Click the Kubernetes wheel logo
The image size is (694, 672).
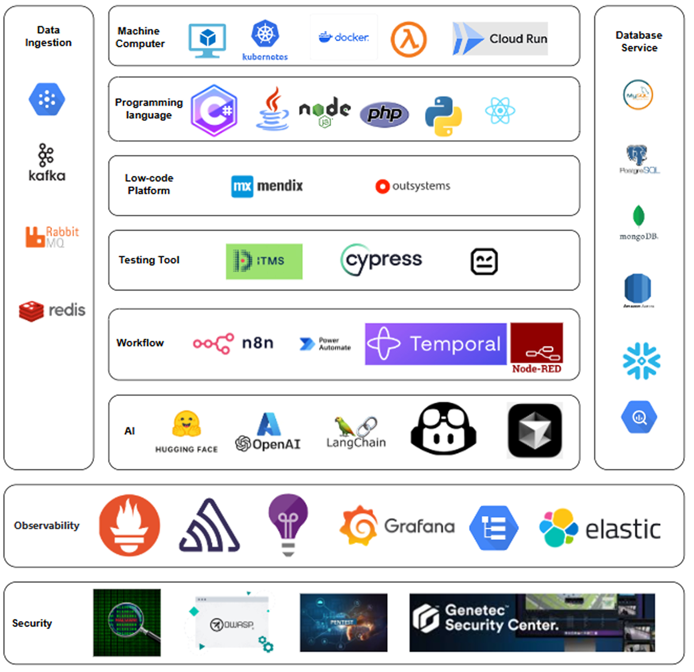265,34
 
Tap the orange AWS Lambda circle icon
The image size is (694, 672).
408,40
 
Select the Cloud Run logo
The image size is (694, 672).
500,39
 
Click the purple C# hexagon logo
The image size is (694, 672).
214,111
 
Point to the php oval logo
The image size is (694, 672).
384,114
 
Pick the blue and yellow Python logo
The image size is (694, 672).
443,116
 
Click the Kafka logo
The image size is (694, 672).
47,163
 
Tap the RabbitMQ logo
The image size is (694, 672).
52,237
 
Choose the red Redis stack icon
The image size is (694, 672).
31,311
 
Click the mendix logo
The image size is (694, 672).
267,186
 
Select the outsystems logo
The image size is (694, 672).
413,186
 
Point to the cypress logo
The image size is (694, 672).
381,259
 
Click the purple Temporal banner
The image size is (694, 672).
436,344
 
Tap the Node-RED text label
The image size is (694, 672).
536,369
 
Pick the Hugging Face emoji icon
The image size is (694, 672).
186,424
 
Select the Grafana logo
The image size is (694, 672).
397,526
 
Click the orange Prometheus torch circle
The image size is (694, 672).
129,525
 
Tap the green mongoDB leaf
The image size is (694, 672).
638,216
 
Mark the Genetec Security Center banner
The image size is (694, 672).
532,622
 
